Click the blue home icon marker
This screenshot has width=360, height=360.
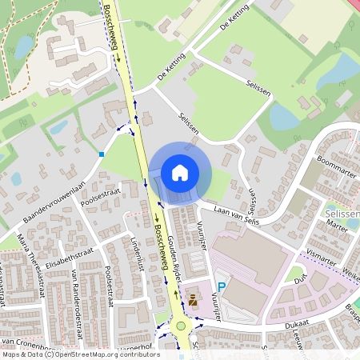pos(180,172)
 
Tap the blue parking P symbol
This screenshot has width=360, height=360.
pos(222,286)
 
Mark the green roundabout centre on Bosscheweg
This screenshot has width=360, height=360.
pos(182,326)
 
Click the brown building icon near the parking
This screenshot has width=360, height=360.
pos(192,301)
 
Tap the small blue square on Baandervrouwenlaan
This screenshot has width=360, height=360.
pos(102,154)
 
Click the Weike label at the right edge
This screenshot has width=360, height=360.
pos(351,274)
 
